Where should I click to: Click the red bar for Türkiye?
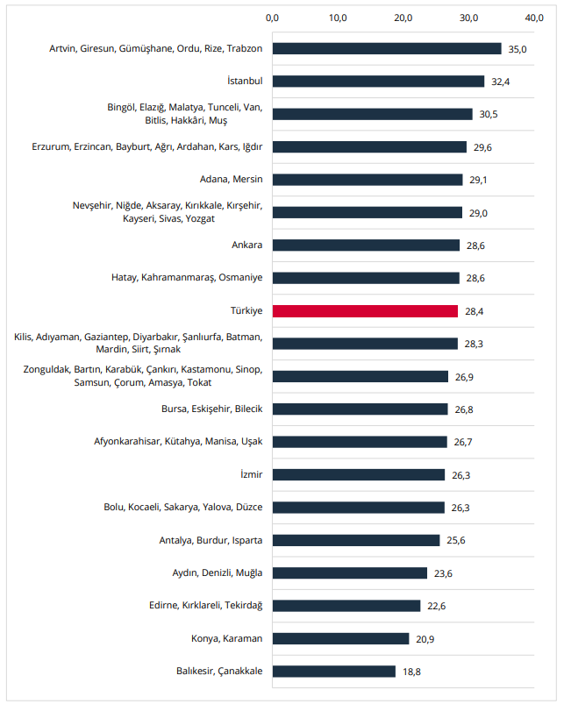click(x=365, y=311)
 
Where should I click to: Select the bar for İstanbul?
click(x=379, y=82)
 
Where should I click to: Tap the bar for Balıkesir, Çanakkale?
click(x=334, y=672)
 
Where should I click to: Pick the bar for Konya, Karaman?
click(x=341, y=639)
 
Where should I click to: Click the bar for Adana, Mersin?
click(x=368, y=180)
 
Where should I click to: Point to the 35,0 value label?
click(x=518, y=49)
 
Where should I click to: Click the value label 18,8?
click(x=411, y=672)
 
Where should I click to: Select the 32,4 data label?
click(x=500, y=82)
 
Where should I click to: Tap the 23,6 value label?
click(x=443, y=573)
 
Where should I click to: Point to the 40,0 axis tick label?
click(x=534, y=18)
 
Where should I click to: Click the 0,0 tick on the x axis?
click(x=272, y=18)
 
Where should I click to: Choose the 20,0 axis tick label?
click(x=403, y=18)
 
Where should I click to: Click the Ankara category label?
click(x=247, y=245)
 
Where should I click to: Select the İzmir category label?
click(x=252, y=474)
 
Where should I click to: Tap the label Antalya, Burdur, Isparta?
click(x=211, y=540)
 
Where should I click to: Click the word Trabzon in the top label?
click(x=244, y=48)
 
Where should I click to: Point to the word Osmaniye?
click(x=240, y=277)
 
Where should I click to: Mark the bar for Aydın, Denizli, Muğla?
click(x=350, y=573)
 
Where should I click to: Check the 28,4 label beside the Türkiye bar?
click(x=475, y=311)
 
